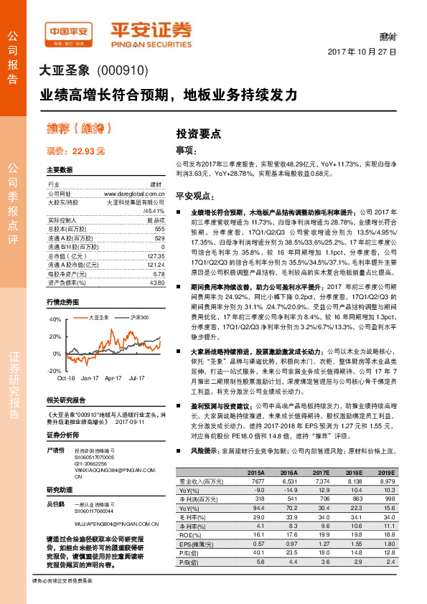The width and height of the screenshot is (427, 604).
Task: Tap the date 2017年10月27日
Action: [x=363, y=53]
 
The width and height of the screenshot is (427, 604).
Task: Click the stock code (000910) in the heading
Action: [x=121, y=71]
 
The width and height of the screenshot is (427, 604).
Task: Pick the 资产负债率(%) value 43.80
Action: [x=157, y=282]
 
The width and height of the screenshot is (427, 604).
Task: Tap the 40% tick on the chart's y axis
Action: [x=56, y=319]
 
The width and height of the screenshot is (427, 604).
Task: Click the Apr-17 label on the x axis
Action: [x=113, y=377]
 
